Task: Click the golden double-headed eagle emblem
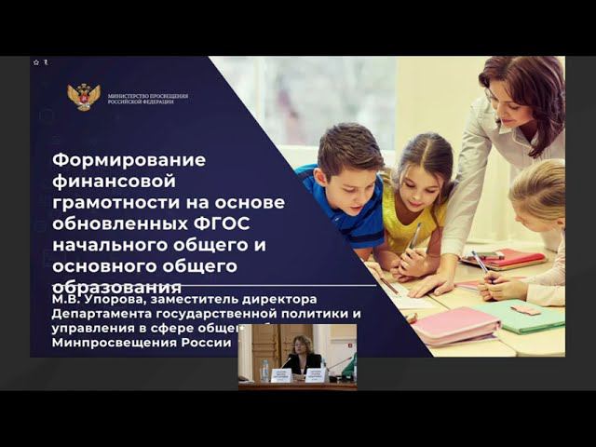[84, 97]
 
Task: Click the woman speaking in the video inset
[303, 355]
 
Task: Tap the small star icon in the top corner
[36, 62]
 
